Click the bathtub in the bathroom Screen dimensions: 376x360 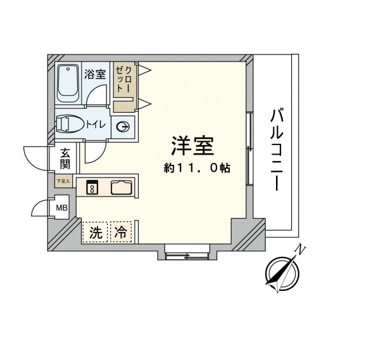coord(68,84)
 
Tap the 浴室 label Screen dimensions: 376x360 coord(95,74)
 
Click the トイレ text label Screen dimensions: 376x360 coord(96,125)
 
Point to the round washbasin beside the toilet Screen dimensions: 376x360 coord(123,127)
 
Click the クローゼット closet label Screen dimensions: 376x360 coord(123,79)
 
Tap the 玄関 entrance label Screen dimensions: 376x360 coord(65,158)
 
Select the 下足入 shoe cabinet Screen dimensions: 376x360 coord(63,181)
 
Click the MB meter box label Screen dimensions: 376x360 coord(61,208)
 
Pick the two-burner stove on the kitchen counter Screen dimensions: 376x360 coord(92,187)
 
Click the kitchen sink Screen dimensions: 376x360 coord(122,187)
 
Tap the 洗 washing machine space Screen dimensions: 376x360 coord(96,232)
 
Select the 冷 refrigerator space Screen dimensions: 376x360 coord(121,232)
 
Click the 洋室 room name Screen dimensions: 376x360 coord(192,146)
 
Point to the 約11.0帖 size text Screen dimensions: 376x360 coord(197,168)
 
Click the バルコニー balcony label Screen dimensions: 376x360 coord(277,150)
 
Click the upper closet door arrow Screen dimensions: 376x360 coord(144,70)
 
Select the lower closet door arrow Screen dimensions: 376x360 coord(144,104)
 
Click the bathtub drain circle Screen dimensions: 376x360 coord(68,69)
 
